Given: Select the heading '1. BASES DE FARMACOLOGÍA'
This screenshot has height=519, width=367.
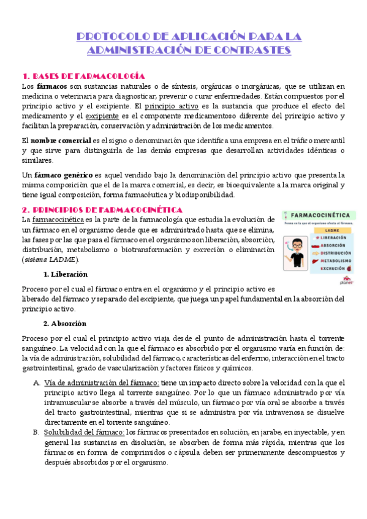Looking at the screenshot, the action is [x=83, y=76].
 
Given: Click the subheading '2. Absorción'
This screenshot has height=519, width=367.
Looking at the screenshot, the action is [x=64, y=323].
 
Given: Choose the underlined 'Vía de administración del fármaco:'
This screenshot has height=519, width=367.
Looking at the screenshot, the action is [x=102, y=383].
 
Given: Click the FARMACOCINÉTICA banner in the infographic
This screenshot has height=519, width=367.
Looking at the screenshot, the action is [x=323, y=215].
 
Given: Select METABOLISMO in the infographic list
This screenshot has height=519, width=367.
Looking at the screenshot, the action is [x=335, y=260].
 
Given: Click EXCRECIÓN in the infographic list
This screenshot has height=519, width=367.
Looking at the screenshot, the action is [x=332, y=268].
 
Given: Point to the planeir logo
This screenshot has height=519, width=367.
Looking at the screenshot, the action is [x=347, y=281].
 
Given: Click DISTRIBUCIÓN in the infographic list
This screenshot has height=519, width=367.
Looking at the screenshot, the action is [x=335, y=252].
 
